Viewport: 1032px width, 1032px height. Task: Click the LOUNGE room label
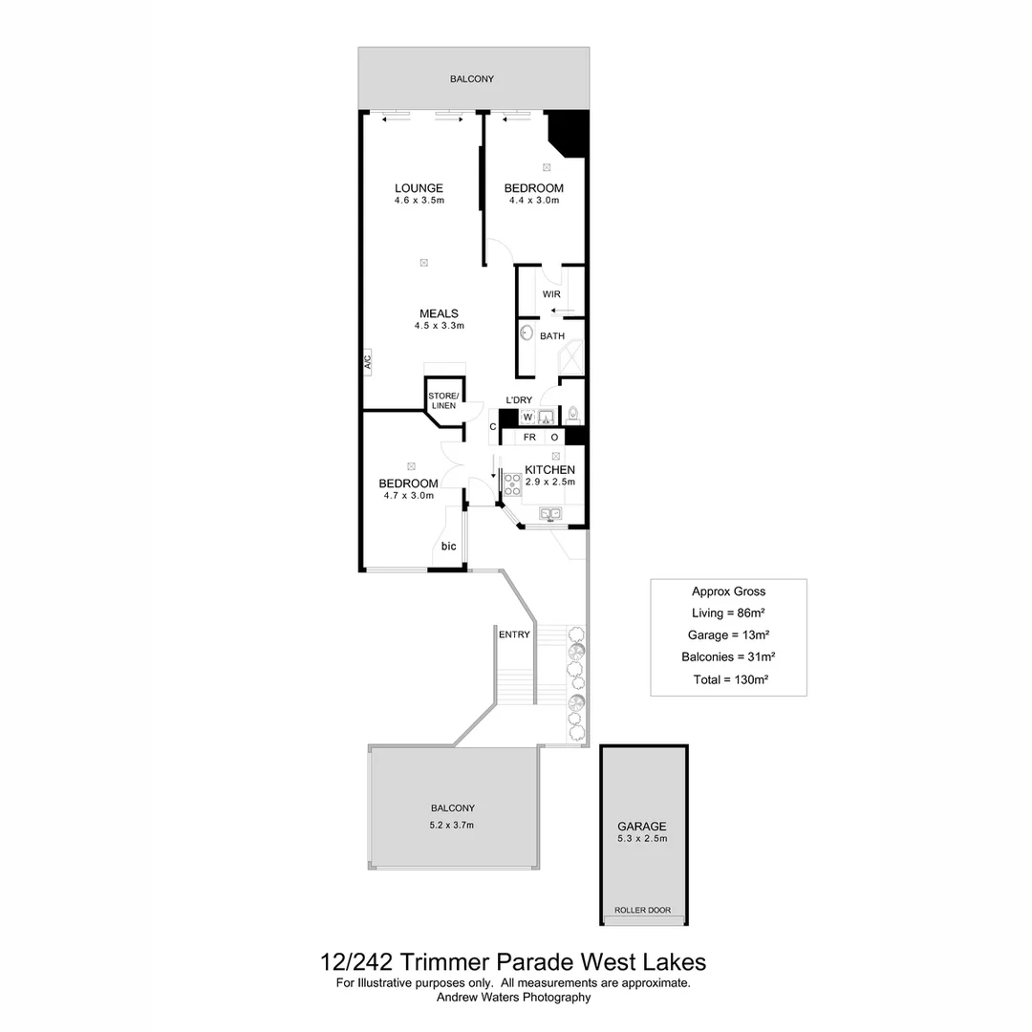419,188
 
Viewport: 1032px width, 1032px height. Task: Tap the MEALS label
439,313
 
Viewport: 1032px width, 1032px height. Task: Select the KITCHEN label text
549,470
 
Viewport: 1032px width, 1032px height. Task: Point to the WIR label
551,294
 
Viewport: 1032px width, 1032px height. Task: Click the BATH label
552,336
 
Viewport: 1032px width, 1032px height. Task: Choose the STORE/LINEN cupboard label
443,400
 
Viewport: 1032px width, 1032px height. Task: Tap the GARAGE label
641,827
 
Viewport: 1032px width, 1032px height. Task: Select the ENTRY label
514,634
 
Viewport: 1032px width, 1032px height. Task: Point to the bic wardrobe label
448,547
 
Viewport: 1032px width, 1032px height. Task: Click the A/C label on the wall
367,361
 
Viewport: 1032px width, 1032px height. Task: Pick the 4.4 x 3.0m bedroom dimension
533,201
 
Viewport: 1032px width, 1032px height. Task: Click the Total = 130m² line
731,679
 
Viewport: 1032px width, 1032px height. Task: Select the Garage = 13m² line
728,634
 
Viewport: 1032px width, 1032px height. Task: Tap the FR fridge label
528,437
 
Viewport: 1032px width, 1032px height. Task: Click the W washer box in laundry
527,418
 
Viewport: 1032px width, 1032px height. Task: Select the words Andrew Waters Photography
513,998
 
